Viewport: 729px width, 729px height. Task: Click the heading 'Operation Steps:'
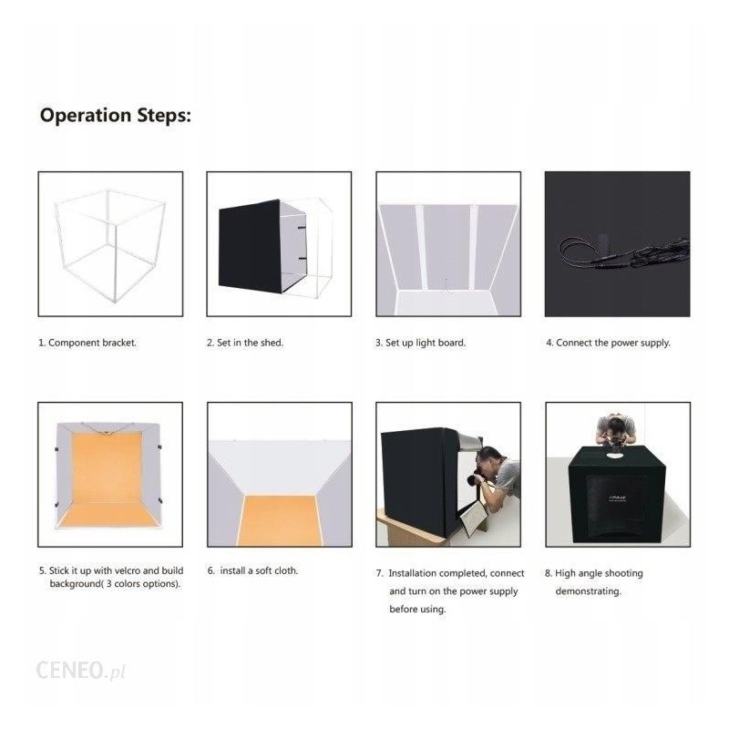(116, 116)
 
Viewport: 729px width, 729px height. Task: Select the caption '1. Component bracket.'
(87, 343)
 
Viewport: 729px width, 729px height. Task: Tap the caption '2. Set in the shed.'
(245, 343)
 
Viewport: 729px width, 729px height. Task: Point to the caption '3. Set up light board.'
(421, 343)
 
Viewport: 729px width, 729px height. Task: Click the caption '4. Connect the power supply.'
(608, 343)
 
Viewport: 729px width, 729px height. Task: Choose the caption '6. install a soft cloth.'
(253, 570)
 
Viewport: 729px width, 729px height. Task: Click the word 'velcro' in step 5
(126, 570)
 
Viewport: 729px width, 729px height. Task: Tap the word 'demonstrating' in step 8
(588, 591)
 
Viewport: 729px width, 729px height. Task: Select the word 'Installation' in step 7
(415, 573)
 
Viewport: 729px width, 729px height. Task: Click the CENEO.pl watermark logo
(81, 671)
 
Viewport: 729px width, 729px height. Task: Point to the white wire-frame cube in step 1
(109, 245)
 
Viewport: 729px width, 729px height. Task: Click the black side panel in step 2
(250, 246)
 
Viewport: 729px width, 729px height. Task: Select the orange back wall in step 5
(107, 467)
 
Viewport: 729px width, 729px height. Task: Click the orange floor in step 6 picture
(280, 520)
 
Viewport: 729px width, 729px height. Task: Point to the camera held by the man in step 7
(476, 478)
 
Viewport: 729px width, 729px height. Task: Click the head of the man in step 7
(489, 458)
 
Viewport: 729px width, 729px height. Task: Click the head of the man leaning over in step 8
(617, 426)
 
